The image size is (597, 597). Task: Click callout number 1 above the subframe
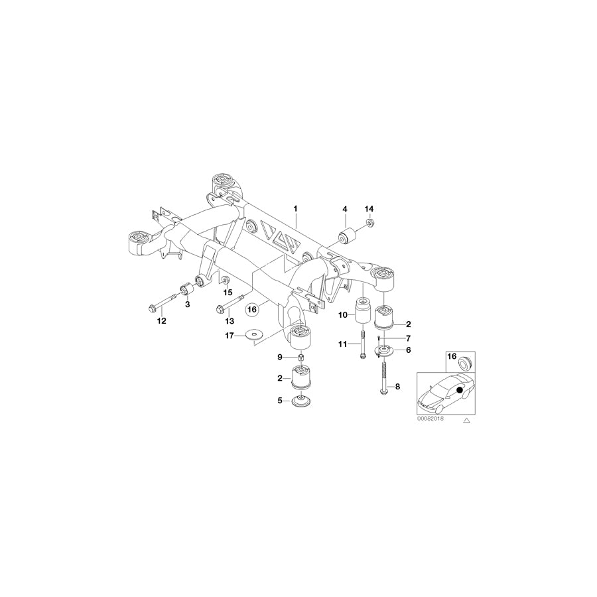pyautogui.click(x=296, y=209)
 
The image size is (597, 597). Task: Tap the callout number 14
pyautogui.click(x=369, y=209)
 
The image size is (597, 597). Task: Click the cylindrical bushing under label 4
pyautogui.click(x=346, y=234)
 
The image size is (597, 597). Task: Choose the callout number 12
pyautogui.click(x=160, y=321)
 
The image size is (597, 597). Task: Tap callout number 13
pyautogui.click(x=230, y=321)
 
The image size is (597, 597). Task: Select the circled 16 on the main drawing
pyautogui.click(x=251, y=309)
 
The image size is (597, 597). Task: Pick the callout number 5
pyautogui.click(x=280, y=400)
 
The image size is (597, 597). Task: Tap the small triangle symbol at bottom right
pyautogui.click(x=467, y=420)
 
